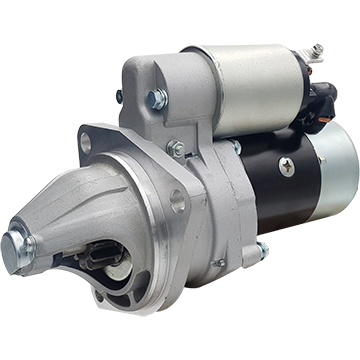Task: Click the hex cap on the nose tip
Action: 17,245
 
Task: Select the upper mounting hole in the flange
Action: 86,142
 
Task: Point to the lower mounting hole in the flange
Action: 177,200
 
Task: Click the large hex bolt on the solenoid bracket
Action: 157,99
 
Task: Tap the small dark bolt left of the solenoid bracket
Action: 119,97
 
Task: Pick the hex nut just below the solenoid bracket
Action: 176,148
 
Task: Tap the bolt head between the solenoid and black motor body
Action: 234,147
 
